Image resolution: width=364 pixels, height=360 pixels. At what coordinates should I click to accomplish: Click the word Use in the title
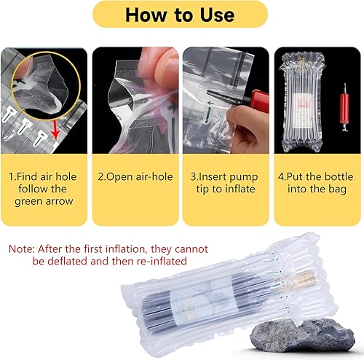217,15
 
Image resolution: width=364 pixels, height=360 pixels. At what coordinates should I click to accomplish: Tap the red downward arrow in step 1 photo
56,130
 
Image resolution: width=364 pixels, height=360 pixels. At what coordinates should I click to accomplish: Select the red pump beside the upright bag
344,107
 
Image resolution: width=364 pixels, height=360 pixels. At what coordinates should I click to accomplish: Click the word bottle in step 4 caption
339,176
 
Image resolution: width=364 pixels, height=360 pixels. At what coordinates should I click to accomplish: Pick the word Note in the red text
22,249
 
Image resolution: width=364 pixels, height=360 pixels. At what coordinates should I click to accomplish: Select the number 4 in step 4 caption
281,176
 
